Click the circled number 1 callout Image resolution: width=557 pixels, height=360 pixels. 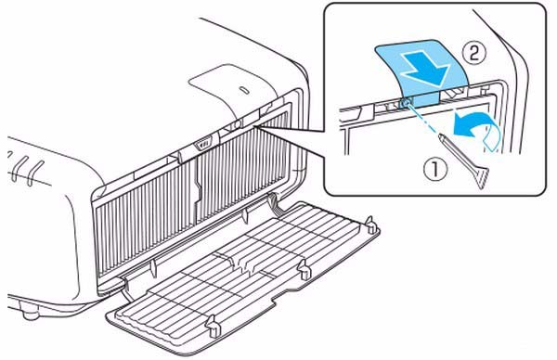434,170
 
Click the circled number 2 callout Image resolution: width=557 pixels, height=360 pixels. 473,55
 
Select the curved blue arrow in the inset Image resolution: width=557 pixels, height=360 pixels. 475,129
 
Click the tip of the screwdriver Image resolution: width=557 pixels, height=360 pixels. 440,135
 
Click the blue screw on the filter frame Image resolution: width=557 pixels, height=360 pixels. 406,102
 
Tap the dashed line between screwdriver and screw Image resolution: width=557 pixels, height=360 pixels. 423,119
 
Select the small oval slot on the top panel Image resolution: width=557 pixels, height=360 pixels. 244,90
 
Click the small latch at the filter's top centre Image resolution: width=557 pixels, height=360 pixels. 203,144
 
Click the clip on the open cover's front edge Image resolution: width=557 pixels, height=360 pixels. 213,326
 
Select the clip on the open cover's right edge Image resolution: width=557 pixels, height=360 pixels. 304,270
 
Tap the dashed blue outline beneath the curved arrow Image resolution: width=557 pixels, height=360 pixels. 493,141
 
